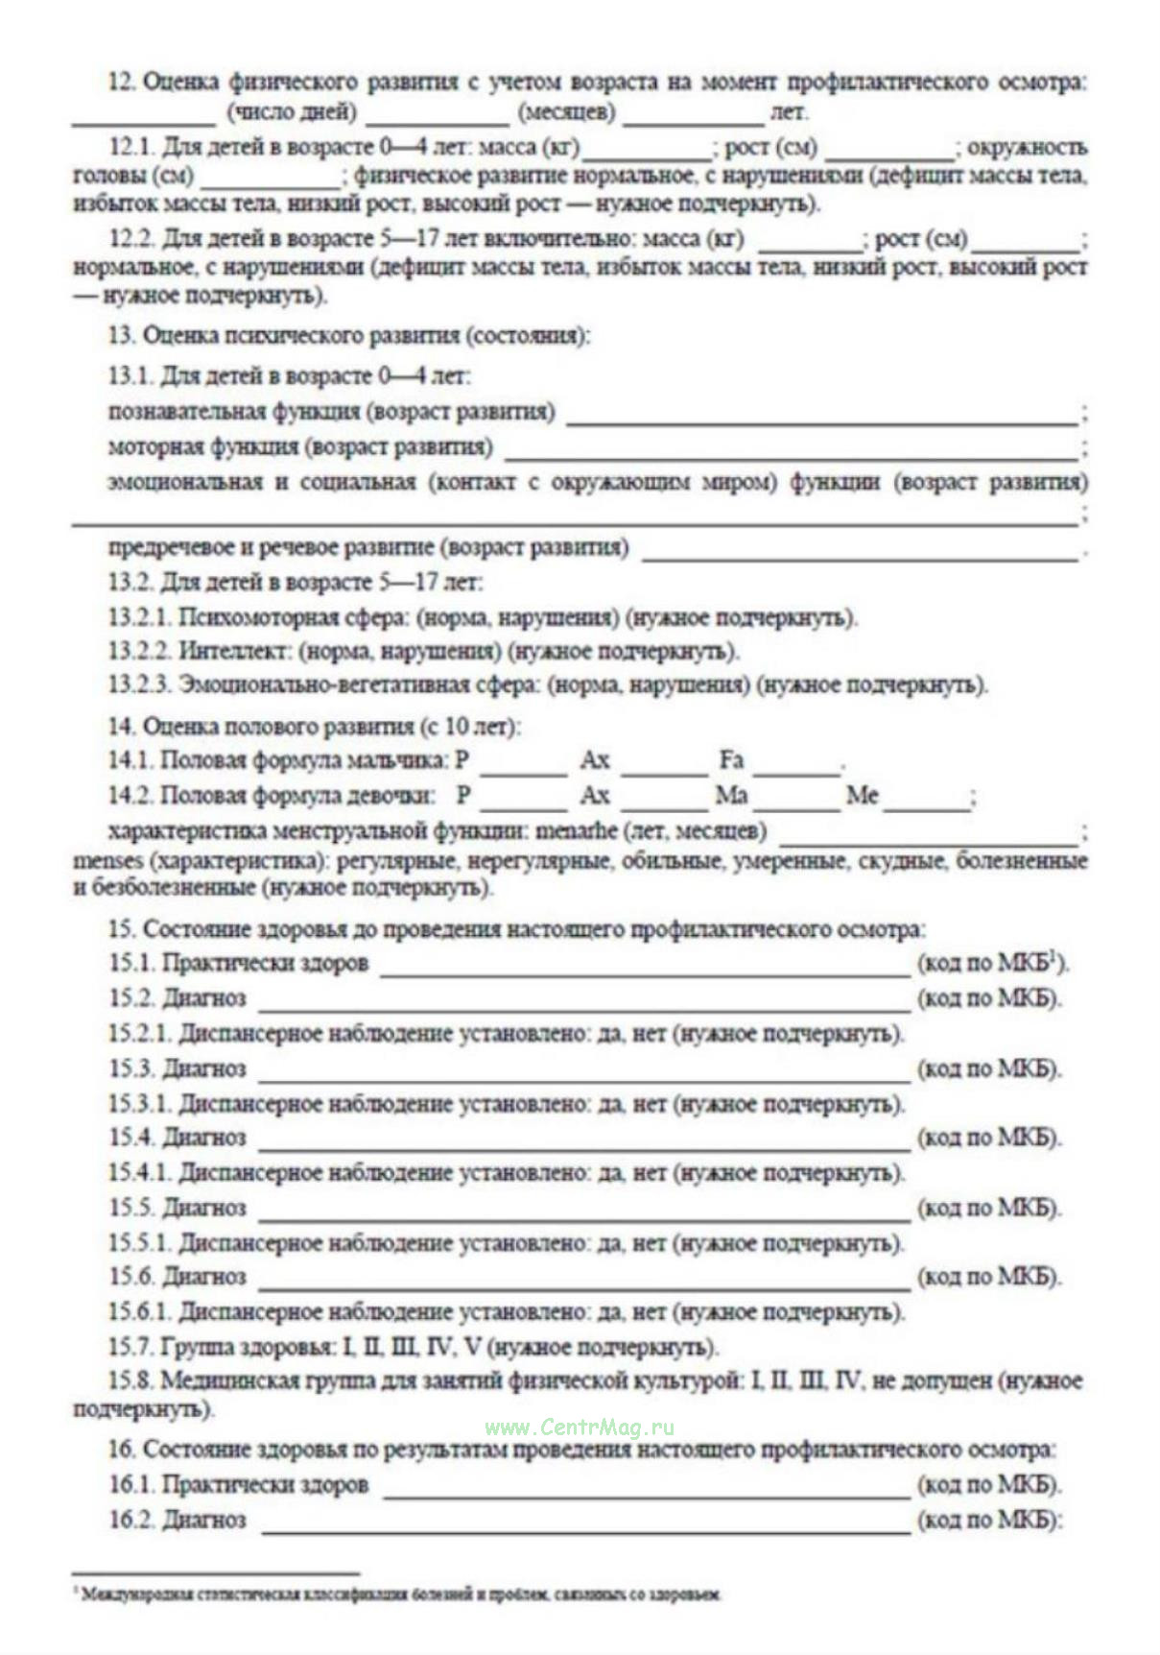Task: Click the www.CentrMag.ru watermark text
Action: pyautogui.click(x=580, y=1427)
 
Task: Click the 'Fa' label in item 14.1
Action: pyautogui.click(x=731, y=761)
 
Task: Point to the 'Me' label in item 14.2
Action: pyautogui.click(x=861, y=796)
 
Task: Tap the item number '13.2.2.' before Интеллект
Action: pyautogui.click(x=140, y=652)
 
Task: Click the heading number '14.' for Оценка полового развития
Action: pyautogui.click(x=121, y=727)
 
